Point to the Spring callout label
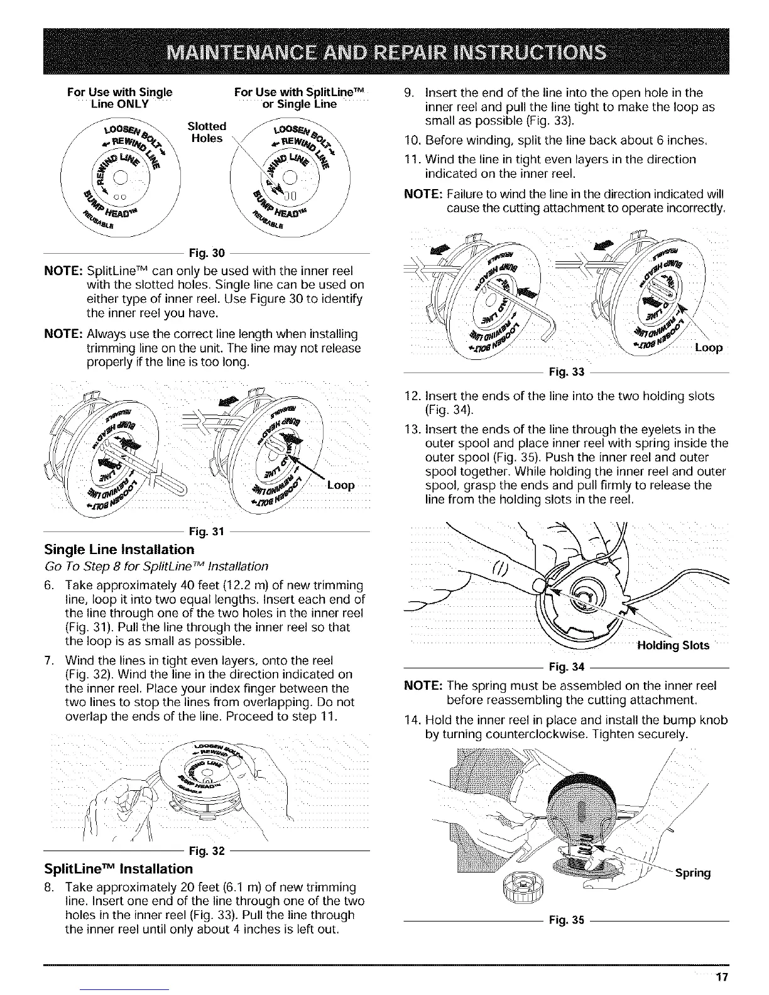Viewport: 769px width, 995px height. pyautogui.click(x=693, y=873)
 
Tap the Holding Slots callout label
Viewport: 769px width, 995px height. pyautogui.click(x=673, y=645)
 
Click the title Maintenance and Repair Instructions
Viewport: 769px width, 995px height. pyautogui.click(x=384, y=52)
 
